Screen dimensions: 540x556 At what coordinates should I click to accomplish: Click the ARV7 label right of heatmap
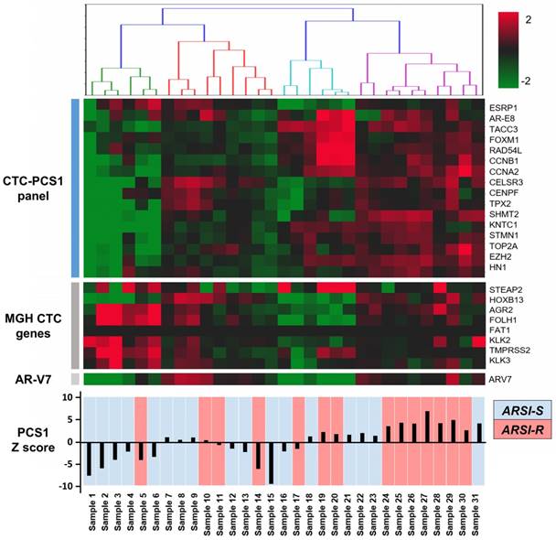click(x=501, y=378)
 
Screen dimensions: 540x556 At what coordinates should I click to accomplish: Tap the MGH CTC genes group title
click(x=34, y=325)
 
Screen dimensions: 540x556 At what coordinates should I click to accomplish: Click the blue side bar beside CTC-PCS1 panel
click(x=76, y=186)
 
